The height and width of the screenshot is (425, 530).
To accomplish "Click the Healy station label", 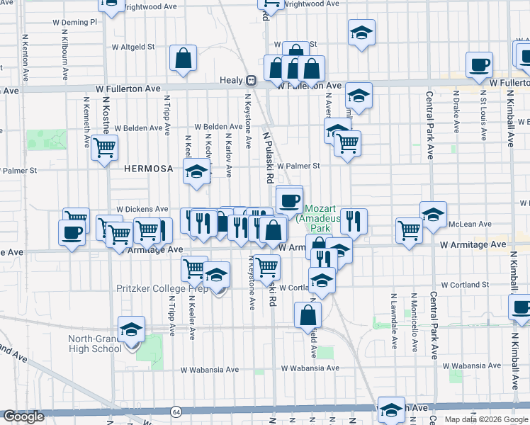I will click(x=232, y=81).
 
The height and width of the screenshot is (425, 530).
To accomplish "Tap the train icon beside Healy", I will click(x=251, y=81).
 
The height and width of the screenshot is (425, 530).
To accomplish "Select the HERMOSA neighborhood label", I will click(x=148, y=168).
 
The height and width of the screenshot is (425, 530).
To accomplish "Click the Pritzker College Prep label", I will click(x=162, y=288).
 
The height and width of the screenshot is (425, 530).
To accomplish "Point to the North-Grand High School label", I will click(x=95, y=344).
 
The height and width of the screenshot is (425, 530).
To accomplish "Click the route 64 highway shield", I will click(x=174, y=412).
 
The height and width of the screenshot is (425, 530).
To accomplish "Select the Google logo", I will click(x=23, y=416).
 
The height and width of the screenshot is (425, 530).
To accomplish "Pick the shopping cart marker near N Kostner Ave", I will click(x=104, y=147).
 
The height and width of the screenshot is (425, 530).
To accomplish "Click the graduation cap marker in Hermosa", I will click(x=197, y=171).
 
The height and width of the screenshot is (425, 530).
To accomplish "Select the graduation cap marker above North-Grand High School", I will click(x=131, y=329).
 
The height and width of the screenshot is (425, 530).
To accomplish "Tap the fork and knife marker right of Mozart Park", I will click(x=353, y=221).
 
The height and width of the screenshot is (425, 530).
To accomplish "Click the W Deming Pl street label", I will click(x=74, y=22).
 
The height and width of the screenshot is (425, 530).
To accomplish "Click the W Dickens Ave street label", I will click(x=142, y=210).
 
